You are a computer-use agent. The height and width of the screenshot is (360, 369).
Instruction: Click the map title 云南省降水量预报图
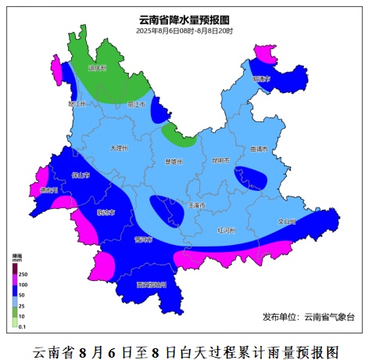pos(184,20)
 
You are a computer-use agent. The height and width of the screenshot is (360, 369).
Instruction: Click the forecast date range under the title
pos(184,31)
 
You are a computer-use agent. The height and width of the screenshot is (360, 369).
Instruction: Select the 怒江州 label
pos(77,103)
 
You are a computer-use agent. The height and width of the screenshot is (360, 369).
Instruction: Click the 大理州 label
pos(118,147)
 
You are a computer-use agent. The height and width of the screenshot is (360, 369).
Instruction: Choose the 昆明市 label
pos(220,160)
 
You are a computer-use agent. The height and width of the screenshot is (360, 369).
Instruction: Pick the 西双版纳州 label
pos(150,285)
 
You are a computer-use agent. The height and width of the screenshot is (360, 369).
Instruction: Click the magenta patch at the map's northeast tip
pos(265,53)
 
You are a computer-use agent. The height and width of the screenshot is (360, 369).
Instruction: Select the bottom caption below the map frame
pos(184,349)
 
